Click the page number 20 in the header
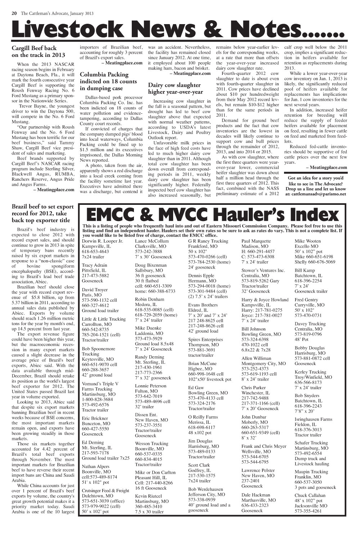coord(14,14)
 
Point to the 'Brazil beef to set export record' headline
coord(42,213)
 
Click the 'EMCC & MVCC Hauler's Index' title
coord(212,215)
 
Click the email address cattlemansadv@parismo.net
coord(315,194)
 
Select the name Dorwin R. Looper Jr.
coord(102,241)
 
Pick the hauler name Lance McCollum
coord(152,241)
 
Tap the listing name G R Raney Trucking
coord(208,241)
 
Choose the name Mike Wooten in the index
coord(307,241)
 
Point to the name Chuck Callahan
coord(310,495)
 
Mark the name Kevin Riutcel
coord(149,496)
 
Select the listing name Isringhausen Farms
coord(313,419)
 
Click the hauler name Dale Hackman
coord(256,495)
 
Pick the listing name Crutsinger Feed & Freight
coord(105,491)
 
